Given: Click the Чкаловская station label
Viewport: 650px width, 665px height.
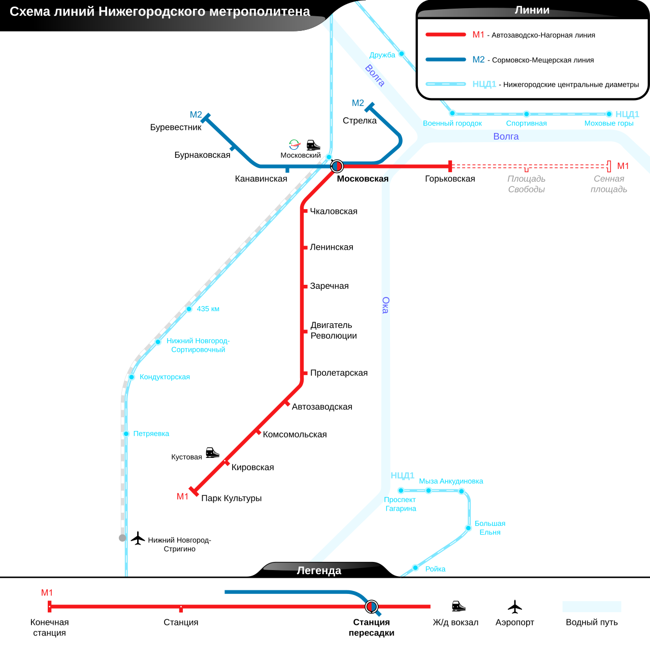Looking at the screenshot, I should tap(334, 211).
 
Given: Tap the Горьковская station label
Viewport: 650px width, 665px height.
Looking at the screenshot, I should tap(450, 179).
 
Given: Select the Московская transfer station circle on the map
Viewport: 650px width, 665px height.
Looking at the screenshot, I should tap(337, 166).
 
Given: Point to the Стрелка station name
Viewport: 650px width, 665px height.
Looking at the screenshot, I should tap(360, 121).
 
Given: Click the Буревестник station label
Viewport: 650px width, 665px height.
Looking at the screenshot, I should tap(176, 127).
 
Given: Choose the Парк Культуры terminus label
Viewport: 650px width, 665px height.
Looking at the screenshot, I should tap(232, 498).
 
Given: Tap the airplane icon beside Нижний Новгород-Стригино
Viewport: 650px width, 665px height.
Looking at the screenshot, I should tap(138, 538).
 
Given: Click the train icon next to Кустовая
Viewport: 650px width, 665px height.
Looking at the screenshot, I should tap(212, 452).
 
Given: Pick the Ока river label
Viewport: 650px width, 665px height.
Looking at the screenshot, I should tap(385, 305).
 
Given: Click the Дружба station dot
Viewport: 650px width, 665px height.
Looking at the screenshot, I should tap(401, 54).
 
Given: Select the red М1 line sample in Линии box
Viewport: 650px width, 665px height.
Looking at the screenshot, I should tap(445, 35).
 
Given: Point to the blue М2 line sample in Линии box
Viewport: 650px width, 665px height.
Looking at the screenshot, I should tap(445, 59).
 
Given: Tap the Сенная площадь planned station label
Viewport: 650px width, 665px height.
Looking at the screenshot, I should tap(609, 184).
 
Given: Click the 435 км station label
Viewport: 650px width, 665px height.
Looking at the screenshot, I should tap(208, 309).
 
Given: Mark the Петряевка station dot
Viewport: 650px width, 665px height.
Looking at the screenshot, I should tap(126, 434).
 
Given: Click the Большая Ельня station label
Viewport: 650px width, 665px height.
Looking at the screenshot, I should tap(490, 528).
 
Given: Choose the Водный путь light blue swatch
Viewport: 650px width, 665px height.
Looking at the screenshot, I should tap(592, 607).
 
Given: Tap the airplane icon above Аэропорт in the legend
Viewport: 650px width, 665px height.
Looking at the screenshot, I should tap(515, 607).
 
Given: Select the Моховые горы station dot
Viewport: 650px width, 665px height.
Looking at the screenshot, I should tap(609, 114).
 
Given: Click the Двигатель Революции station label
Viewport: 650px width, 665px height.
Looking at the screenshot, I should tap(334, 330).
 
